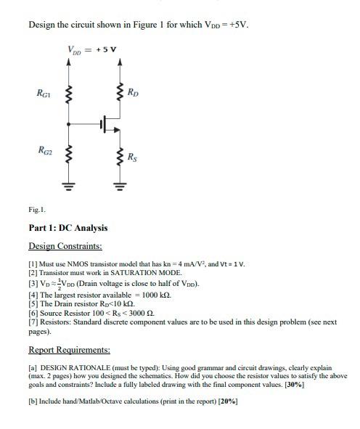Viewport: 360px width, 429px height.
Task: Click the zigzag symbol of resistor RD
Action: pyautogui.click(x=119, y=93)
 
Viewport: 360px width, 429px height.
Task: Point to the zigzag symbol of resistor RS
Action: pyautogui.click(x=119, y=157)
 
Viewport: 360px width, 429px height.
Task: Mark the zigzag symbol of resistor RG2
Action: pyautogui.click(x=70, y=154)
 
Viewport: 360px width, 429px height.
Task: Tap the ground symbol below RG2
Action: pyautogui.click(x=70, y=183)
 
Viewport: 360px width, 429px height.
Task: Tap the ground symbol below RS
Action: pyautogui.click(x=119, y=183)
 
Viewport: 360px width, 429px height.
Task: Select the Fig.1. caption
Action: pyautogui.click(x=37, y=209)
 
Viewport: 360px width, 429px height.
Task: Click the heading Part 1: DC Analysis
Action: pyautogui.click(x=67, y=227)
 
